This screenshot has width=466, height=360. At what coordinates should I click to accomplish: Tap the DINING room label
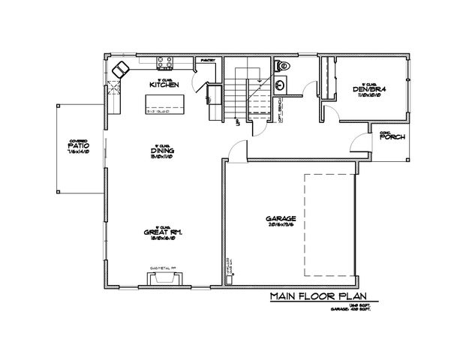pyautogui.click(x=162, y=151)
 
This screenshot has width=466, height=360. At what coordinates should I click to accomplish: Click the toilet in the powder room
pyautogui.click(x=281, y=66)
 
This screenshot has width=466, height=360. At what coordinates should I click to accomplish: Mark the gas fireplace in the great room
pyautogui.click(x=164, y=278)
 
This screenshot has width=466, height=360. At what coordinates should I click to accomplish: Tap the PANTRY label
pyautogui.click(x=207, y=61)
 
